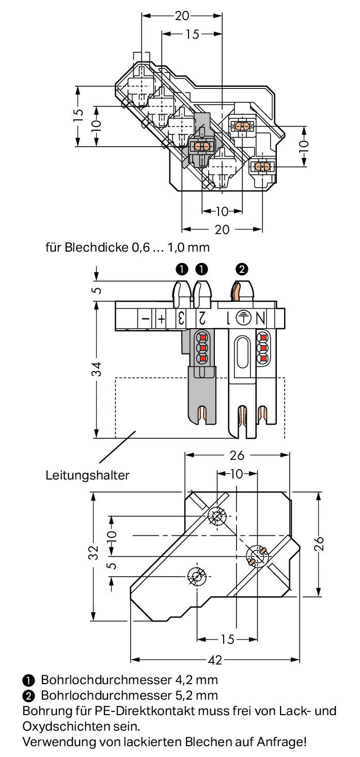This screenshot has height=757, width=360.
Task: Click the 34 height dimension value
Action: [97, 369]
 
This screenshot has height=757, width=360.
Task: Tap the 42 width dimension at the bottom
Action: [215, 660]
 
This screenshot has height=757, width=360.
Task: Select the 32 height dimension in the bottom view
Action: [93, 552]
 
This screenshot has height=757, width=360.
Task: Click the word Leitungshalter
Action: [87, 475]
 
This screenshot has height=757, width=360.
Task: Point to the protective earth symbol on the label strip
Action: [243, 318]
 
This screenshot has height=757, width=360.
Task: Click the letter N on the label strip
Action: [260, 318]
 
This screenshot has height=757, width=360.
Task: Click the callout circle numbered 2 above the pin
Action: [242, 269]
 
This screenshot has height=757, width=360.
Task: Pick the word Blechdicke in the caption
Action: [96, 248]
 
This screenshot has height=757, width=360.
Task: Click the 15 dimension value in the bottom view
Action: [227, 639]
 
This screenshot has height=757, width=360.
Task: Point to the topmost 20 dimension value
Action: [182, 16]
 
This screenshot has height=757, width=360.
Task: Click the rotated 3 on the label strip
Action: [181, 318]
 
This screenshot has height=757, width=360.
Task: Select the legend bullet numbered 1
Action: [28, 680]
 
